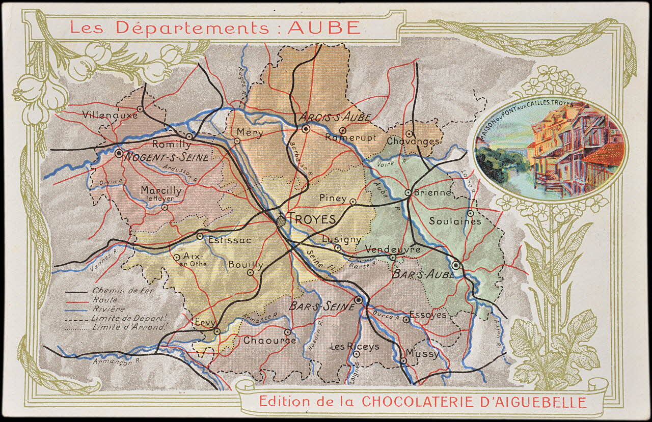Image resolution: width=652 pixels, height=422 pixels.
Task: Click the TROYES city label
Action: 312,219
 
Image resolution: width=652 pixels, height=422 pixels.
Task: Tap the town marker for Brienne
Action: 408,192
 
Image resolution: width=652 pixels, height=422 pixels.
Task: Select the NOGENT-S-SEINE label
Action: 168,157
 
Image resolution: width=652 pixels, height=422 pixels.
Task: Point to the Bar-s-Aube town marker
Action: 456,265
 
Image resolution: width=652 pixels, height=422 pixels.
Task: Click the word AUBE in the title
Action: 324,27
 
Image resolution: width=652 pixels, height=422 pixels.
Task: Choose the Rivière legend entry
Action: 109,309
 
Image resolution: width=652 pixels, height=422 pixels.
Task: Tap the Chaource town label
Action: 269,340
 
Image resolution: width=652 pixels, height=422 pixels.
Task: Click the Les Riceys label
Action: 355,346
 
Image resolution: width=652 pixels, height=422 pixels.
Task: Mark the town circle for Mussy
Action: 403,360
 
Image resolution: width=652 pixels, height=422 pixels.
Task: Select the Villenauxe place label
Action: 110,115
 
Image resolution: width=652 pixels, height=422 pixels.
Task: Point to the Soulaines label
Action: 455,221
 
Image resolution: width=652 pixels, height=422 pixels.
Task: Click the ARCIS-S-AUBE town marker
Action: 306,129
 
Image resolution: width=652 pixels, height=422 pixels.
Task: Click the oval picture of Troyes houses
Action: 550,149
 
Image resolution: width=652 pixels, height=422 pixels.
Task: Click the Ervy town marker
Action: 217,331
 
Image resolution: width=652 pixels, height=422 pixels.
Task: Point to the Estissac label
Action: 230,240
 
